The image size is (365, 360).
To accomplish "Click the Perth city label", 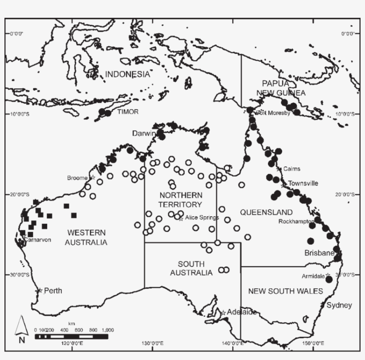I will pyautogui.click(x=53, y=291).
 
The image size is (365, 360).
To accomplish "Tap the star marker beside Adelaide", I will pyautogui.click(x=223, y=312).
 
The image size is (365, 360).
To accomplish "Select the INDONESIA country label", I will pyautogui.click(x=127, y=74).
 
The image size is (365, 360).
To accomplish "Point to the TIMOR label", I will pyautogui.click(x=128, y=112).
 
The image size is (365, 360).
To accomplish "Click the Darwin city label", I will pyautogui.click(x=143, y=133).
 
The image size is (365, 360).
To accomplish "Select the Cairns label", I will pyautogui.click(x=292, y=169).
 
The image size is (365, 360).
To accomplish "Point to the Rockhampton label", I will pyautogui.click(x=296, y=221).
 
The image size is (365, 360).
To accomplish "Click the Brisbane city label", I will pyautogui.click(x=319, y=253).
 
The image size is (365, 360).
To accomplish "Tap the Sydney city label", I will pyautogui.click(x=339, y=305).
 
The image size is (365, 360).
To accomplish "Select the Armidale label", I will pyautogui.click(x=313, y=276).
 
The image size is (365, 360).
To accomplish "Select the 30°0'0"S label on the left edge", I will pyautogui.click(x=19, y=274).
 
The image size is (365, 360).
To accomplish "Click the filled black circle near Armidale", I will pyautogui.click(x=329, y=279).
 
